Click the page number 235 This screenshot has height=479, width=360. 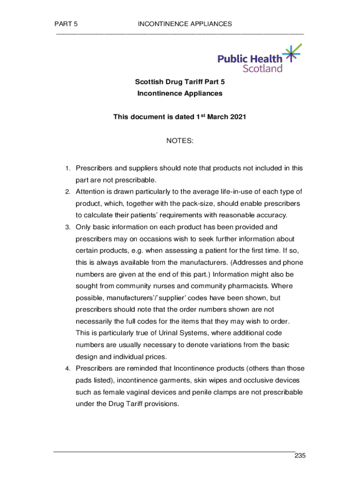click(300, 456)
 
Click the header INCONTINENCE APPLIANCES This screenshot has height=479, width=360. click(185, 24)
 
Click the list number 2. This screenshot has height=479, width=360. click(67, 192)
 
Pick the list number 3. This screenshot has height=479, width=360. click(67, 227)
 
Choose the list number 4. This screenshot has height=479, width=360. click(67, 368)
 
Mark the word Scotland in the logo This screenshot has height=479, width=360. click(263, 68)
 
